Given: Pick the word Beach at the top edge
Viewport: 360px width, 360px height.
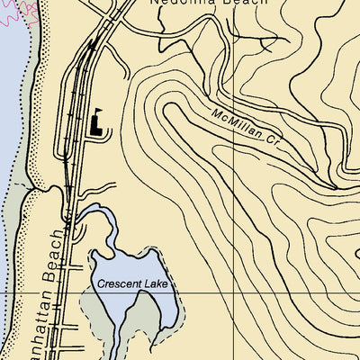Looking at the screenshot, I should [246, 3].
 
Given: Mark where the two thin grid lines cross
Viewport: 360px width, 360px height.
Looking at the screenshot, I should [236, 293].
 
